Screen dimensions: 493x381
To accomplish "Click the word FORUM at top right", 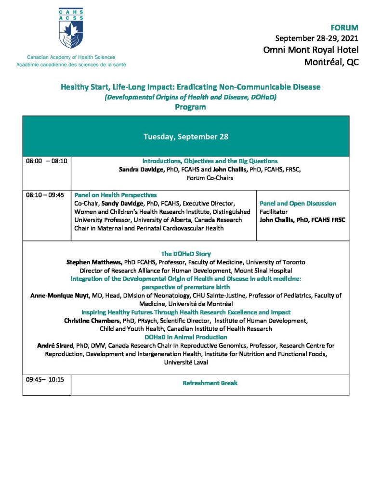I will click(x=344, y=28).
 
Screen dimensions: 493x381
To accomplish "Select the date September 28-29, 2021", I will click(x=316, y=38).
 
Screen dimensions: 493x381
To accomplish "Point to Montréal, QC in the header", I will click(x=331, y=62).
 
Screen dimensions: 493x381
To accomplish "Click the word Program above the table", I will click(x=190, y=107).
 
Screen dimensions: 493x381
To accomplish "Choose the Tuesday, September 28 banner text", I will click(x=186, y=137).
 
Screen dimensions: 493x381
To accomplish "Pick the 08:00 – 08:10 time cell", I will click(x=46, y=162).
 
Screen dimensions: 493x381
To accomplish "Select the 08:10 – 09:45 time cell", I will click(x=46, y=195).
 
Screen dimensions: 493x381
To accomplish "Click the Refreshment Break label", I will click(x=210, y=383).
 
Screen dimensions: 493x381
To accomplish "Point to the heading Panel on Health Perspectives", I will click(x=115, y=195).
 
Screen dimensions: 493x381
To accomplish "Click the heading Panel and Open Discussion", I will click(x=298, y=204).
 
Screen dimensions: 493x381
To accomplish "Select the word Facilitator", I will click(x=274, y=211).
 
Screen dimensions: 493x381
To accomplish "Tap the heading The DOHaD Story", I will click(x=185, y=254).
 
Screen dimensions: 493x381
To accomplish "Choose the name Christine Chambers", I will click(x=92, y=321).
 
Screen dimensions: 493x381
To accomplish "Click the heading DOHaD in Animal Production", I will click(x=185, y=337).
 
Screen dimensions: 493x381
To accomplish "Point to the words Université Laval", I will click(x=186, y=363).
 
